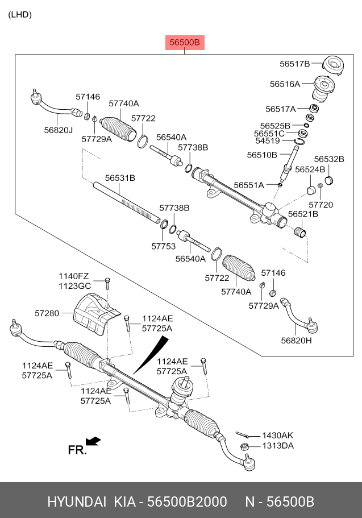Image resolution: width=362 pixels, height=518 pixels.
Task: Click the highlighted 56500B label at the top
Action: coord(185,43)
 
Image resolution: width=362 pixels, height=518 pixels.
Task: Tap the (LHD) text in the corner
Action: coord(20,15)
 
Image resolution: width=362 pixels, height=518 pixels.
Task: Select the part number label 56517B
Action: coord(294,64)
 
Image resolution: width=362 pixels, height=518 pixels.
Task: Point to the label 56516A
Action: coord(285,84)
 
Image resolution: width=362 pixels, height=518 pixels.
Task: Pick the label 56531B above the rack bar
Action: coord(120,178)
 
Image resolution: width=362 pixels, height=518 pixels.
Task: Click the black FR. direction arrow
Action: coord(93,441)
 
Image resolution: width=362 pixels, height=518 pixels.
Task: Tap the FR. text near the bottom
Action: coord(77,450)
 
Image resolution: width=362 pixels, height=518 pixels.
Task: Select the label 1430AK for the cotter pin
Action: coord(278,436)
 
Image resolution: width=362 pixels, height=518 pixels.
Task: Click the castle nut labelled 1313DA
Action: coord(244,447)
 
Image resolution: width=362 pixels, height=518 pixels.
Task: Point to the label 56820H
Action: coord(296,340)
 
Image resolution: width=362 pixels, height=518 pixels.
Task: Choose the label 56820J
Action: coord(58,130)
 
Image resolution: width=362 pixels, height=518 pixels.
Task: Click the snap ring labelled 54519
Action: coord(299,142)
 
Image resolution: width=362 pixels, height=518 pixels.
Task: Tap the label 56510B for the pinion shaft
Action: coord(262,155)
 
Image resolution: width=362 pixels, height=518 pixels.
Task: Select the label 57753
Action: coord(164,246)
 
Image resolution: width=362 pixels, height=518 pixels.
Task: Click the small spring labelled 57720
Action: coord(320,187)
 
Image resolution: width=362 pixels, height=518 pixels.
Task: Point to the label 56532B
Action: coord(329,159)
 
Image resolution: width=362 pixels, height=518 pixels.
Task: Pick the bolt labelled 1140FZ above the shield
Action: coord(107,284)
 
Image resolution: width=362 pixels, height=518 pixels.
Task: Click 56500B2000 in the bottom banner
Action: coord(187,502)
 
